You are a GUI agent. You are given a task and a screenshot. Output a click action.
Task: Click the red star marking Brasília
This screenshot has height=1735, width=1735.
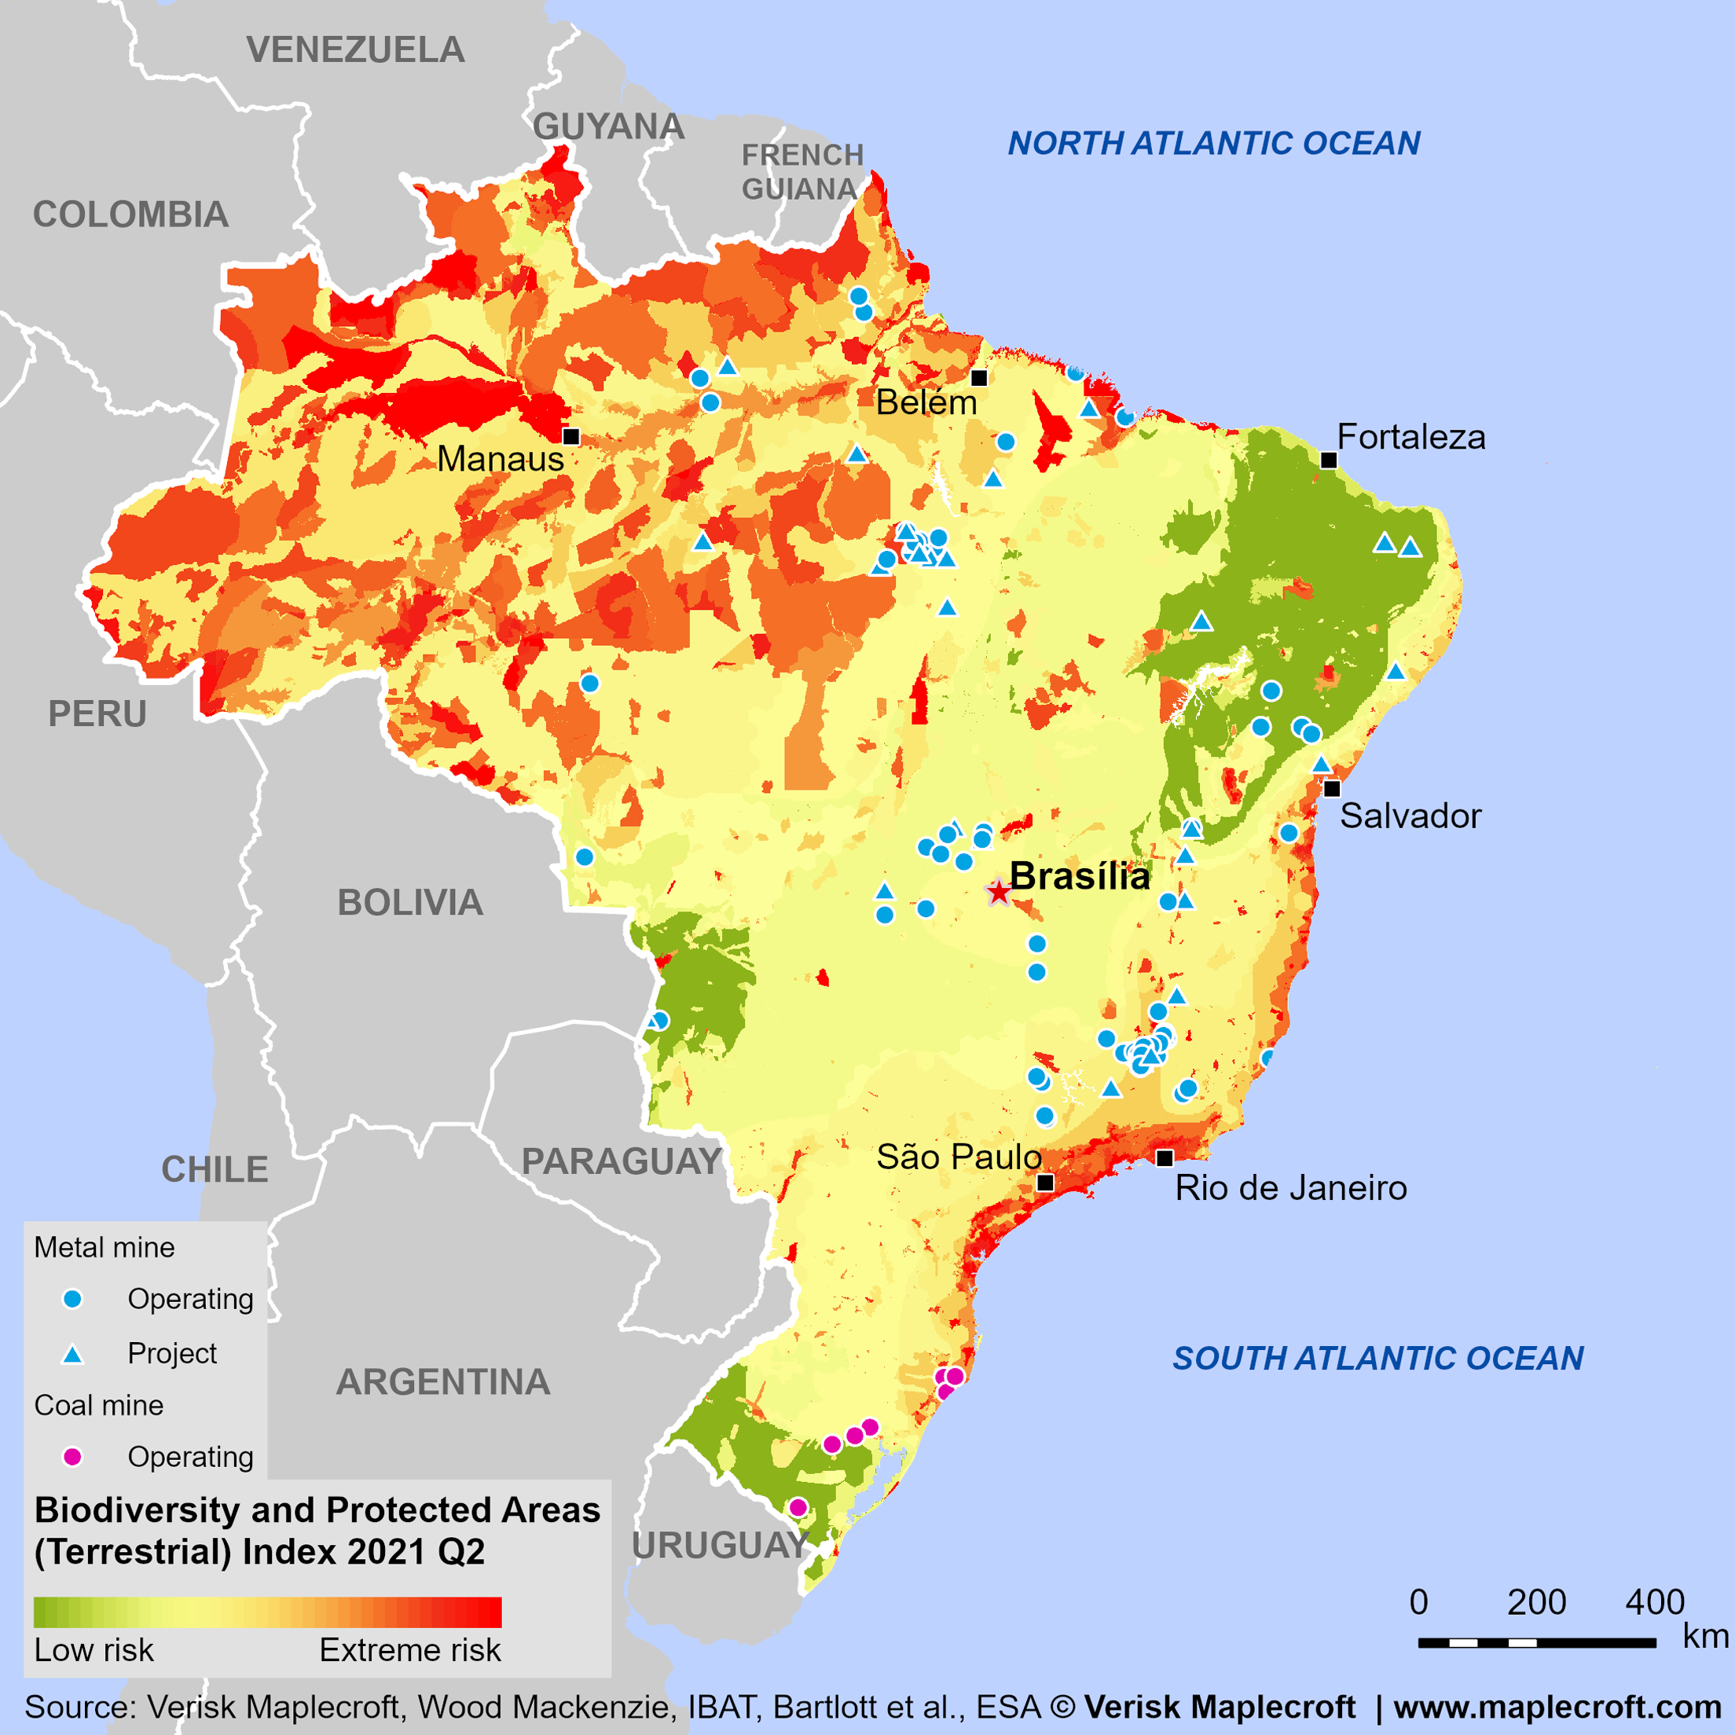click(999, 892)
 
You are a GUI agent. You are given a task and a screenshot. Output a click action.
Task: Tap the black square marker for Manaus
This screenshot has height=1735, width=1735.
click(571, 436)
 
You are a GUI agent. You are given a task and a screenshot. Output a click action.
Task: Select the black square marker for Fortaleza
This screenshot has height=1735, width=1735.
click(1328, 460)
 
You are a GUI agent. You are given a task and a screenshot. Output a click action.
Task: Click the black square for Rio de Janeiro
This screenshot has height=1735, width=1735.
click(1165, 1157)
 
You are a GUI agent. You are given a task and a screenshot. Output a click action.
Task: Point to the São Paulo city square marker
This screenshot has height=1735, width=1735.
click(1045, 1183)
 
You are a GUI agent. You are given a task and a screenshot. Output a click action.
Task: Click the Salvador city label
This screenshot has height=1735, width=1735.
click(1410, 816)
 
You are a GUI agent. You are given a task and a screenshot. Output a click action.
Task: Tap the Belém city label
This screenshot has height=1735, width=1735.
click(926, 402)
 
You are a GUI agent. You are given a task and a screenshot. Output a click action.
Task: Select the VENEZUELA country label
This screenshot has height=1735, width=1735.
click(356, 50)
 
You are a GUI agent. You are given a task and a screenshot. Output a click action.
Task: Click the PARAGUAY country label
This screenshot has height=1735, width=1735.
click(622, 1161)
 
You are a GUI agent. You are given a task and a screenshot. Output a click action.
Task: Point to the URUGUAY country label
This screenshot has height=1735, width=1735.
click(721, 1546)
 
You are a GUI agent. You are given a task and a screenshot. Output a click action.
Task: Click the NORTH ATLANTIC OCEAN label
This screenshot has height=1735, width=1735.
click(1213, 143)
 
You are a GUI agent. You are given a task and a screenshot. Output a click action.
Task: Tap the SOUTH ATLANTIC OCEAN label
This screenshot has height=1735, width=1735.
click(1377, 1358)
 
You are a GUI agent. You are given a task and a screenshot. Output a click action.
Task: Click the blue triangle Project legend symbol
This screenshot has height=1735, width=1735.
click(73, 1354)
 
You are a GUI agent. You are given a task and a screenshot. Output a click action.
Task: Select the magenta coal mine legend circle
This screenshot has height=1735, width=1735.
click(73, 1457)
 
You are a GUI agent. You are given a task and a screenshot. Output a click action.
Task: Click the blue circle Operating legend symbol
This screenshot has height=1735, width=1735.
click(73, 1299)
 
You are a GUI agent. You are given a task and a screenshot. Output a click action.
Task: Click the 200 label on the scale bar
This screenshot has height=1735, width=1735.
click(1536, 1602)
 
